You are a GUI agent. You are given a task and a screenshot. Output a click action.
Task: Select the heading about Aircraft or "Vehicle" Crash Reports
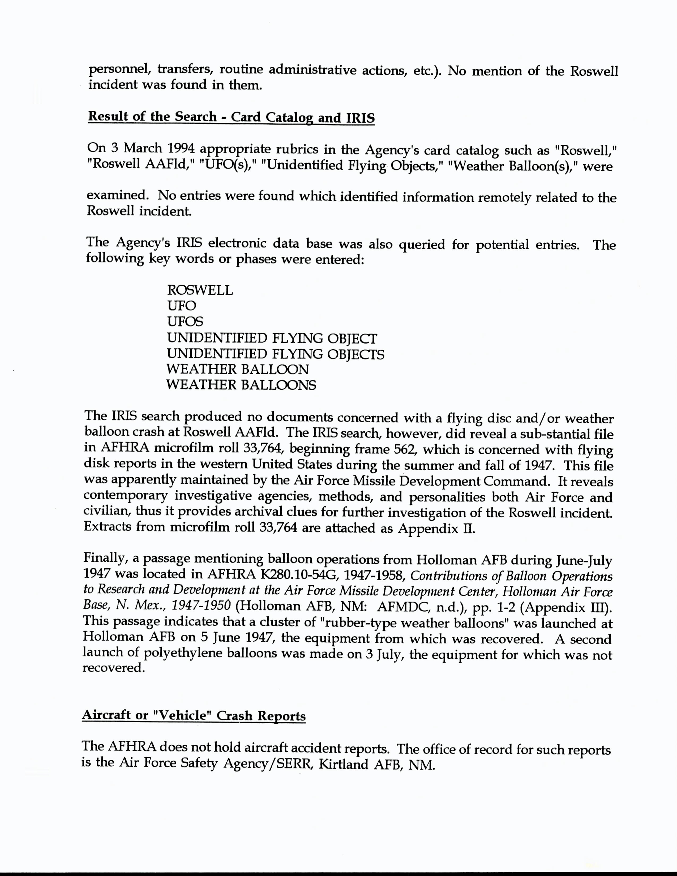tap(194, 716)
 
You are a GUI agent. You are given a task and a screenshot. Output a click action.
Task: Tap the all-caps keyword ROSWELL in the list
tap(200, 290)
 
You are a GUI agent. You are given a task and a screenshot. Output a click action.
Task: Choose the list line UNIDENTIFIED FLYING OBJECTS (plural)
tap(276, 354)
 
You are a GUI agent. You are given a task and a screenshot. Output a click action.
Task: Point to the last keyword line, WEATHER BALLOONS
tap(241, 385)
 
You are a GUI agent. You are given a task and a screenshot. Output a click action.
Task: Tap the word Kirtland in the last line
tap(343, 765)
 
